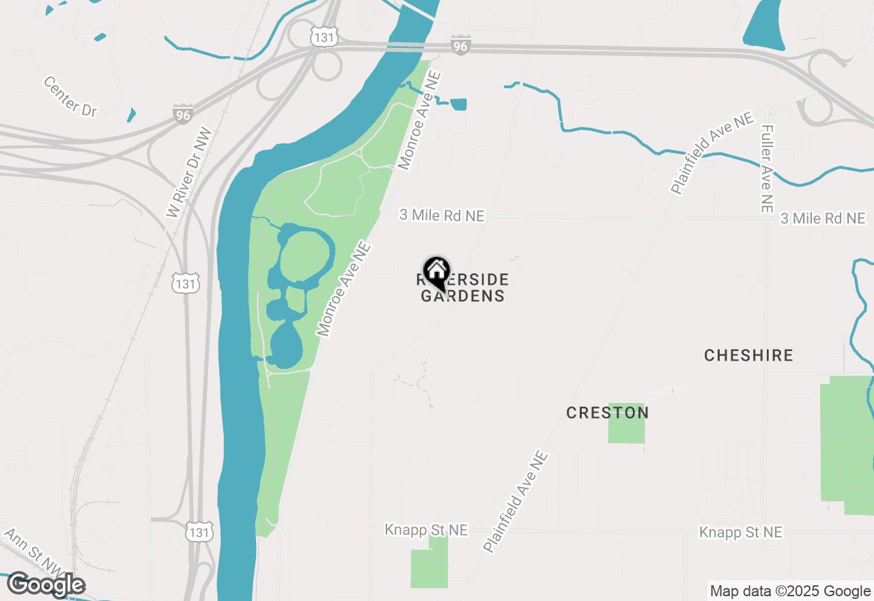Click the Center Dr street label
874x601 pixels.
(70, 96)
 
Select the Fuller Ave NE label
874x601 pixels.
(767, 167)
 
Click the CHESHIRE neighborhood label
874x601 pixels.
(748, 355)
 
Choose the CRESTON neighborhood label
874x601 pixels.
(607, 413)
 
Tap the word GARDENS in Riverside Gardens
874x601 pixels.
(462, 296)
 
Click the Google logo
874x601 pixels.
(46, 585)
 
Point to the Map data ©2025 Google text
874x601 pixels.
(790, 591)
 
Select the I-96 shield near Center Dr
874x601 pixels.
(183, 114)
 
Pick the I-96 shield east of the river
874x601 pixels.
(460, 46)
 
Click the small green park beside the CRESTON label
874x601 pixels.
(626, 423)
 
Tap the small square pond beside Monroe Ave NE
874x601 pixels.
(459, 104)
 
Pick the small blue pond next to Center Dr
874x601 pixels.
(131, 114)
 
